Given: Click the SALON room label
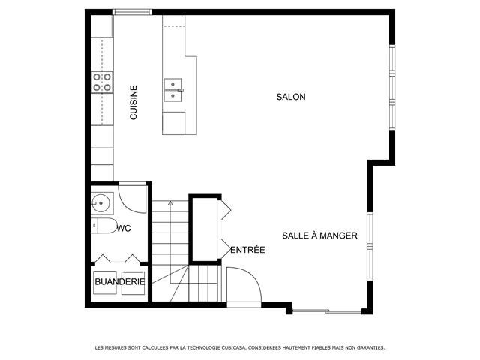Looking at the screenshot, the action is [x=291, y=97].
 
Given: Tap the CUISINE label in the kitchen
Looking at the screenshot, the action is [x=133, y=102].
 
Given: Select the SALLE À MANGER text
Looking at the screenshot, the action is [x=319, y=235].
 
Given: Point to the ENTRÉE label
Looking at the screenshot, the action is [x=247, y=250].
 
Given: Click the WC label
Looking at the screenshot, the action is [x=124, y=228].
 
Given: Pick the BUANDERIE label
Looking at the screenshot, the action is [x=120, y=282].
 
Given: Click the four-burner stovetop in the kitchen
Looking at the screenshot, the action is [x=102, y=82].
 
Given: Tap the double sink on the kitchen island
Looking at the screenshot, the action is [x=173, y=90].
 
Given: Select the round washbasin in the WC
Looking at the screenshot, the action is [x=100, y=203].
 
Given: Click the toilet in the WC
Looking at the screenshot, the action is [x=104, y=226].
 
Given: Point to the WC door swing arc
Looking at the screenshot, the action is [x=128, y=205].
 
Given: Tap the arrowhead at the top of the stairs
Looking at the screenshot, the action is [x=170, y=202].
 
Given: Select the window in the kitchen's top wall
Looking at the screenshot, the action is [x=132, y=12].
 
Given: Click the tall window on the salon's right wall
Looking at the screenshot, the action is [x=391, y=88].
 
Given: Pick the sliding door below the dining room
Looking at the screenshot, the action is [x=327, y=311].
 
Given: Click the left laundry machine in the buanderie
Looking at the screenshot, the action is [x=105, y=283].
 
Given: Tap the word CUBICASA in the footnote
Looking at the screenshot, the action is [x=233, y=348].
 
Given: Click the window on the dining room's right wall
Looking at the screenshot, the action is [x=370, y=246].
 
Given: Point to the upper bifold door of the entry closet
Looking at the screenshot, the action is [x=225, y=210].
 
